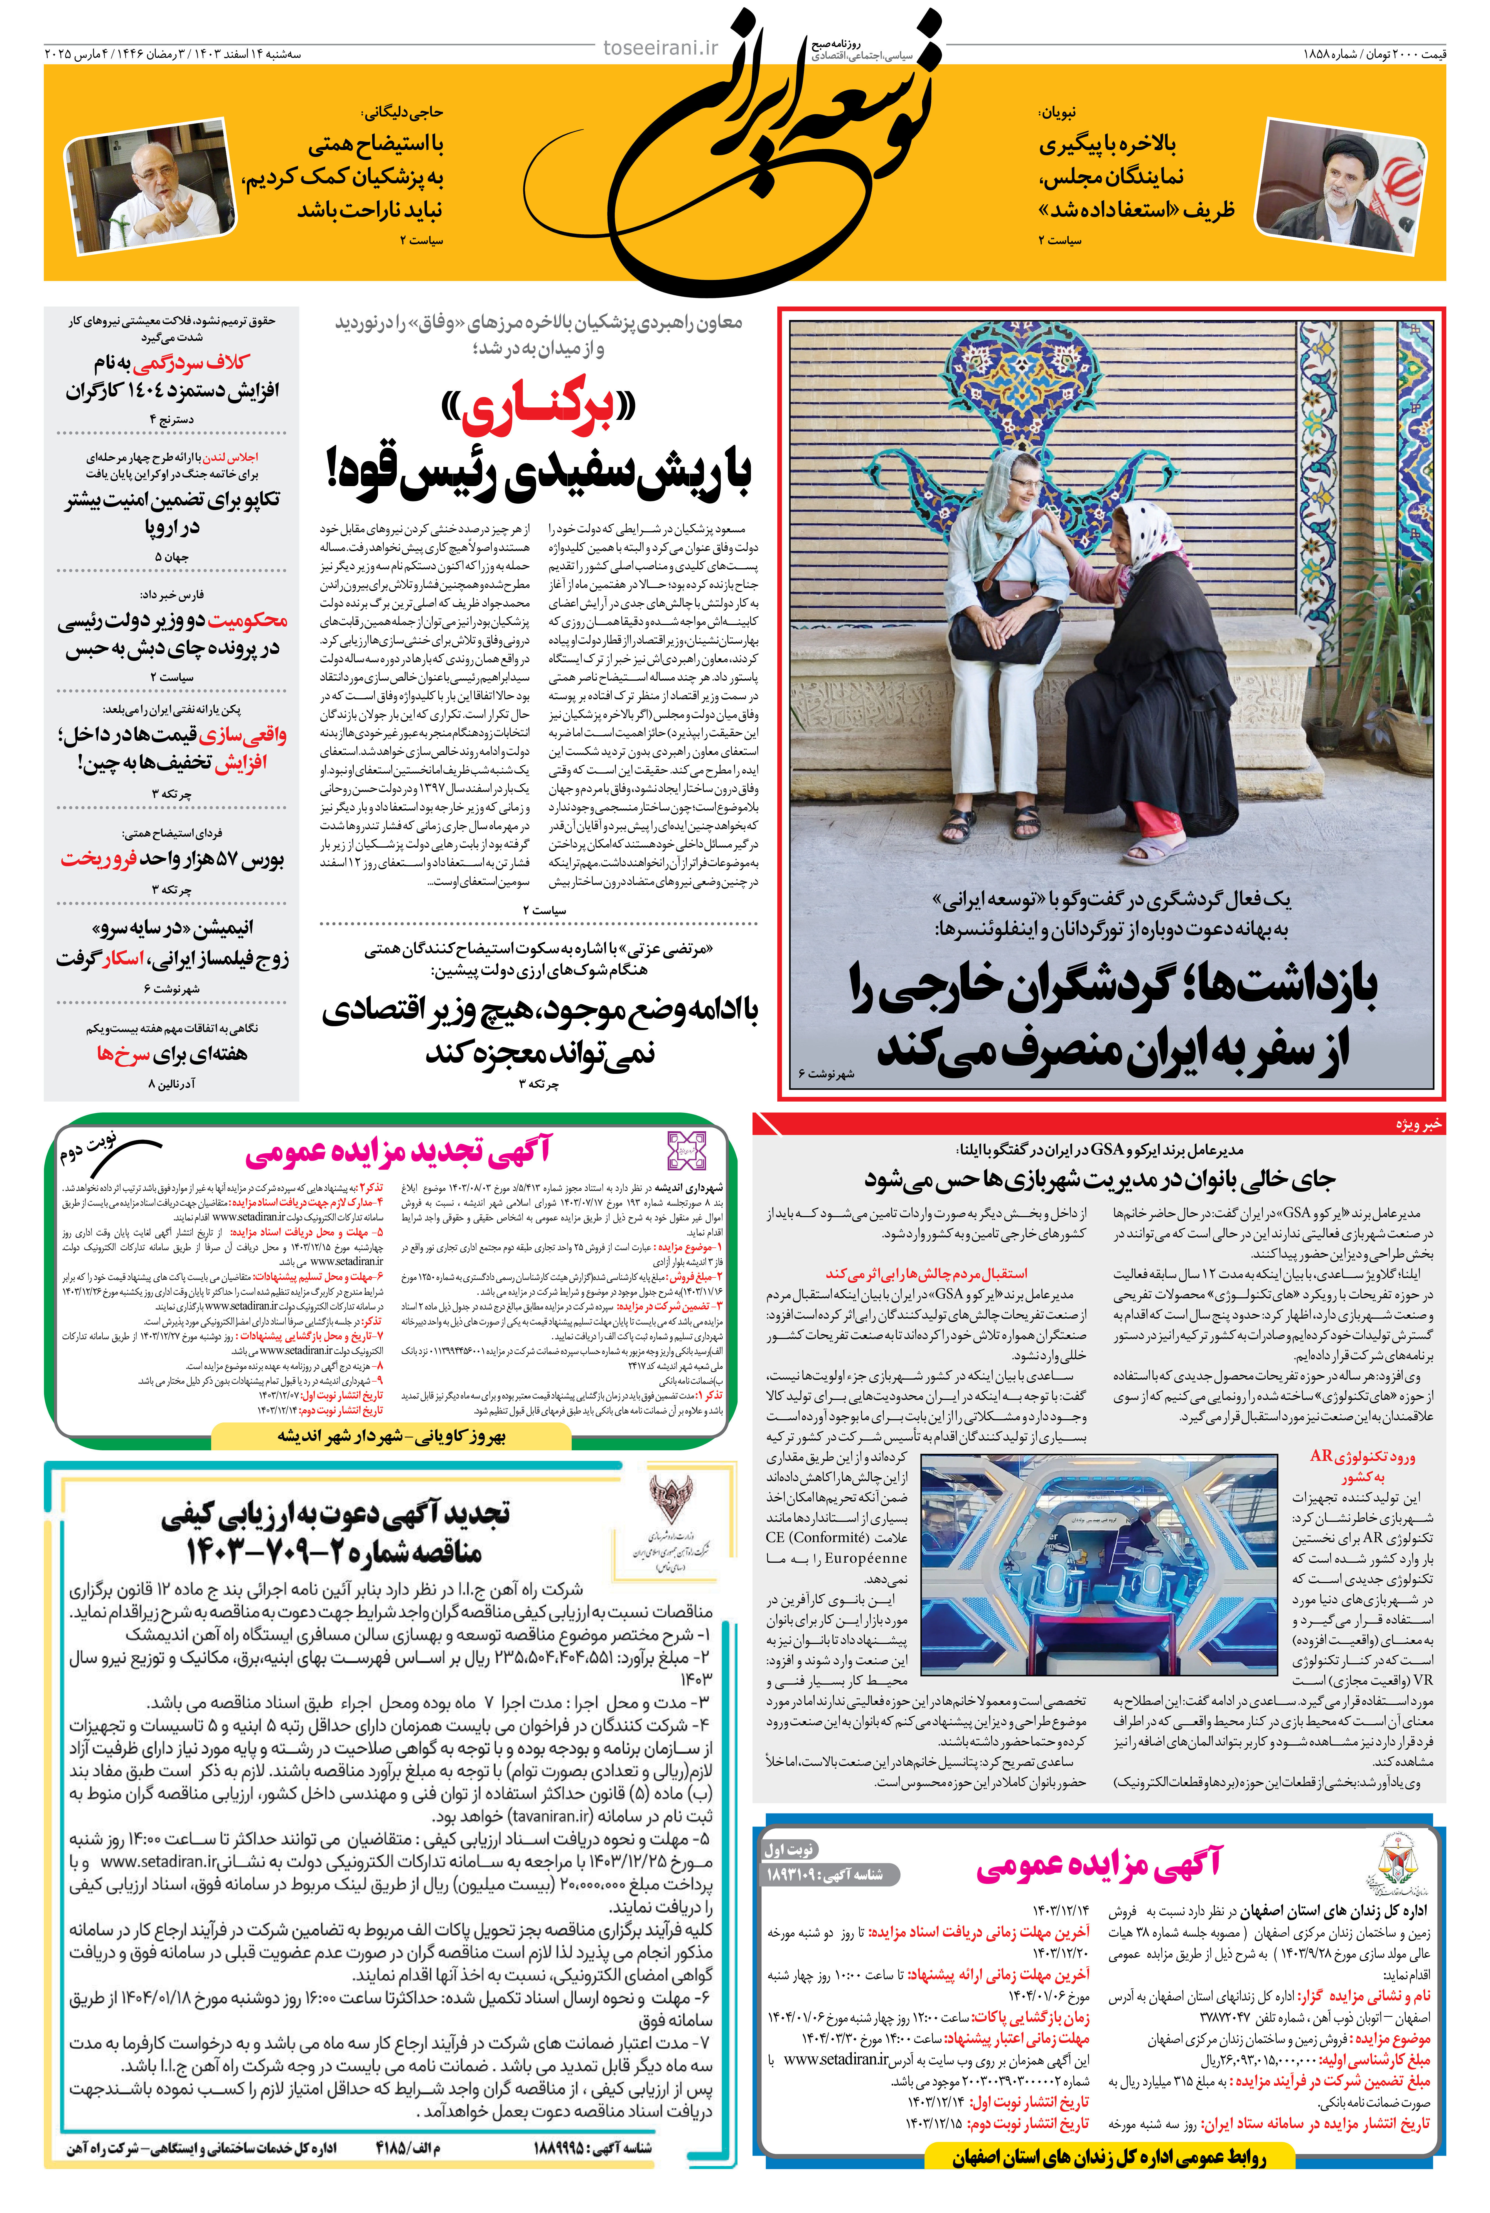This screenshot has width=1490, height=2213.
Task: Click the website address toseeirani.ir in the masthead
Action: pos(662,48)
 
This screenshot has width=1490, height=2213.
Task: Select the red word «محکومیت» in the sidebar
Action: pos(247,621)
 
